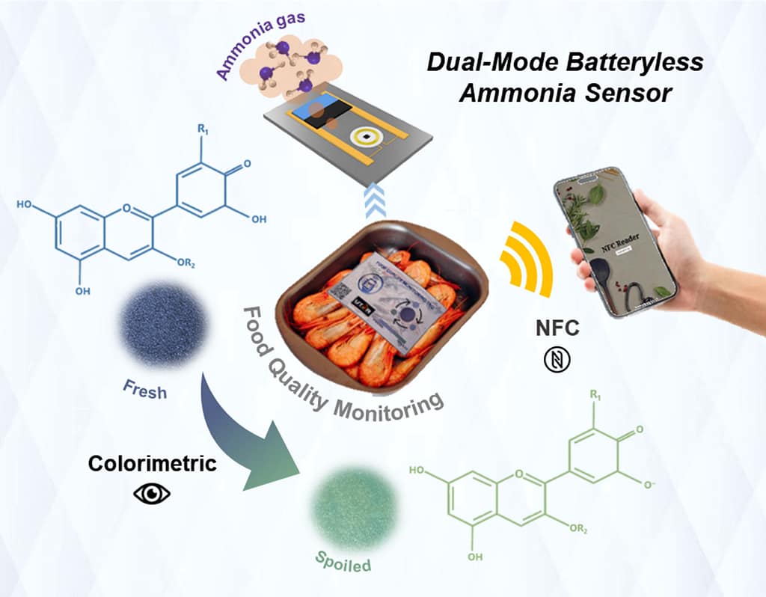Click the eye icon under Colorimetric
pyautogui.click(x=152, y=494)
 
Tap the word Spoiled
pyautogui.click(x=342, y=562)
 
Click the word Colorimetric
pyautogui.click(x=153, y=463)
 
